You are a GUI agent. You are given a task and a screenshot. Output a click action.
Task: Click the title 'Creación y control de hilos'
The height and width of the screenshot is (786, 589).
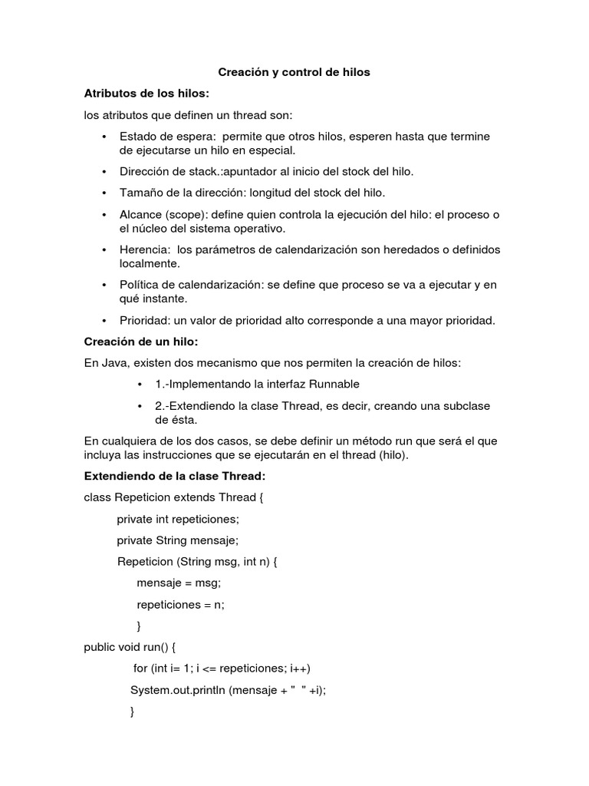tap(294, 72)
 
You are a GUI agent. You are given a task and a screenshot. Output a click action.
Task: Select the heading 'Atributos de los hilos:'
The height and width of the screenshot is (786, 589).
tap(146, 94)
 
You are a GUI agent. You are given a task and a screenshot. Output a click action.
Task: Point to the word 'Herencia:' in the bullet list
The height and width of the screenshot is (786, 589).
tap(145, 249)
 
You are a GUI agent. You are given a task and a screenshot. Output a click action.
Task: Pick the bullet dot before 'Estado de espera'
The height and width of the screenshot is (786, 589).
tap(104, 137)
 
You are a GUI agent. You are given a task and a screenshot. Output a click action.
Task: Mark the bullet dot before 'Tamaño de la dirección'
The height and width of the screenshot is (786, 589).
tap(104, 193)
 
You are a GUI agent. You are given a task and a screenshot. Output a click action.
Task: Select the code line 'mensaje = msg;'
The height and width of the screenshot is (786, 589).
tap(179, 583)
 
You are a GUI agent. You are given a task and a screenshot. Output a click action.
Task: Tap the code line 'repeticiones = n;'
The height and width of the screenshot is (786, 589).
tap(180, 604)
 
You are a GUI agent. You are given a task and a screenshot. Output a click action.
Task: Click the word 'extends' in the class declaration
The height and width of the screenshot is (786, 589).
tap(193, 497)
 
